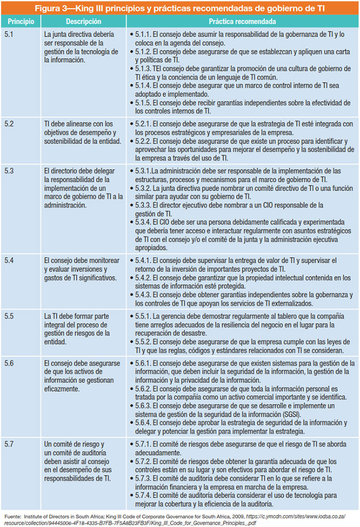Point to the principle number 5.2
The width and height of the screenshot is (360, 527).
click(x=10, y=124)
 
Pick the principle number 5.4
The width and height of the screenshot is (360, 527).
click(x=10, y=260)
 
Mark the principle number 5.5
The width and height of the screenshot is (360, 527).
click(x=10, y=315)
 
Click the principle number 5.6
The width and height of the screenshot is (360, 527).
click(x=10, y=362)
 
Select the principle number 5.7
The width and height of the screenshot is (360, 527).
click(x=10, y=445)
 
